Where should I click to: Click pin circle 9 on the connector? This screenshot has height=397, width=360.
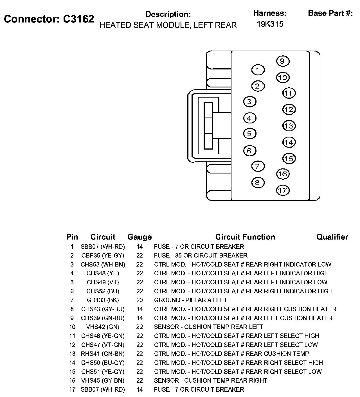click(283, 61)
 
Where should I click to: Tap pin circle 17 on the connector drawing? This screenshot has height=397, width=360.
click(283, 190)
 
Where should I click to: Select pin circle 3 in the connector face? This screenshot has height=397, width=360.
click(249, 101)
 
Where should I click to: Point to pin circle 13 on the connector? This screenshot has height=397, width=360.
click(289, 126)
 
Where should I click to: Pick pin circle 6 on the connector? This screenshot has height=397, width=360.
click(249, 151)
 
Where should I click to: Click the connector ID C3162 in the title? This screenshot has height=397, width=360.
click(78, 19)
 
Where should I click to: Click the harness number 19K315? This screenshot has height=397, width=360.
click(270, 24)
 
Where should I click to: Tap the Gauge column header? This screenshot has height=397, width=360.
click(139, 237)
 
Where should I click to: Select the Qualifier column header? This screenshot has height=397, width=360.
click(332, 237)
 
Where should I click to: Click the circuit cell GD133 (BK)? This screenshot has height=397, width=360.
click(103, 300)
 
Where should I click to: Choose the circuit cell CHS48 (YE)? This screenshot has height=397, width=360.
click(103, 273)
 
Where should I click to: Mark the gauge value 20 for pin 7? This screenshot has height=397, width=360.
click(139, 300)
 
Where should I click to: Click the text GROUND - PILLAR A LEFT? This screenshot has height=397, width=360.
click(190, 300)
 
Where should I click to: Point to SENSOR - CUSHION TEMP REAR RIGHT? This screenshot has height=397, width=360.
click(210, 380)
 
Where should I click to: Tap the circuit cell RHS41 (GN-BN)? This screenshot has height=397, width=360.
click(103, 354)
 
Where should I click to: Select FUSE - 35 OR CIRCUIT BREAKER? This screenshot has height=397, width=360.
click(201, 255)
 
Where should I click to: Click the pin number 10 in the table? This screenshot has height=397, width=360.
click(72, 327)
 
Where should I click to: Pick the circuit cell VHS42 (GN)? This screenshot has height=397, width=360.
click(103, 327)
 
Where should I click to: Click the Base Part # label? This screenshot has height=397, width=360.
click(330, 13)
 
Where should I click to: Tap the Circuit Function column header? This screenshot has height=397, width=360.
click(245, 237)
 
